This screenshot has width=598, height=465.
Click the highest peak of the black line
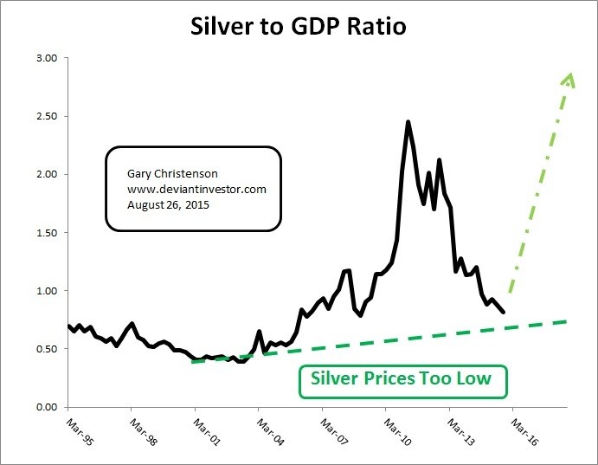click(407, 122)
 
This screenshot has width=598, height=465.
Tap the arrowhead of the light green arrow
click(569, 78)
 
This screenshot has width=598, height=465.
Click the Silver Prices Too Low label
click(402, 378)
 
